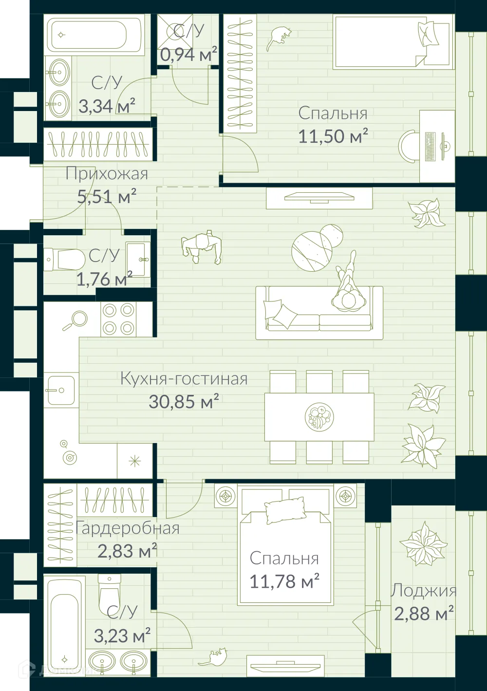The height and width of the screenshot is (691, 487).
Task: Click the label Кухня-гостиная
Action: tap(184, 379)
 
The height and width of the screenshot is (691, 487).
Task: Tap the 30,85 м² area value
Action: tap(184, 402)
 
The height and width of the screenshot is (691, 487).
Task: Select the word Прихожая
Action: tap(107, 174)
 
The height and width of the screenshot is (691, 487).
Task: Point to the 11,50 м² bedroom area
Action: tap(333, 136)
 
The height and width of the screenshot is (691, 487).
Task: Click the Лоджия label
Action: tap(423, 591)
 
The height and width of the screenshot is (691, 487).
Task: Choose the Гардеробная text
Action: tap(128, 528)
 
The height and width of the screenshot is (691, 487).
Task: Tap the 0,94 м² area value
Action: tap(188, 55)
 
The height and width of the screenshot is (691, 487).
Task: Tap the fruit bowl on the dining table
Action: tap(318, 417)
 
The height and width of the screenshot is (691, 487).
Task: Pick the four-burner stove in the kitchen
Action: tap(118, 319)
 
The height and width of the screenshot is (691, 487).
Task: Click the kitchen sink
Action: tap(61, 390)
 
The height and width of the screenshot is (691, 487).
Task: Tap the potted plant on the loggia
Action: tap(423, 543)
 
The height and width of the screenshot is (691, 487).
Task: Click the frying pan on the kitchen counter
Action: tap(75, 320)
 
